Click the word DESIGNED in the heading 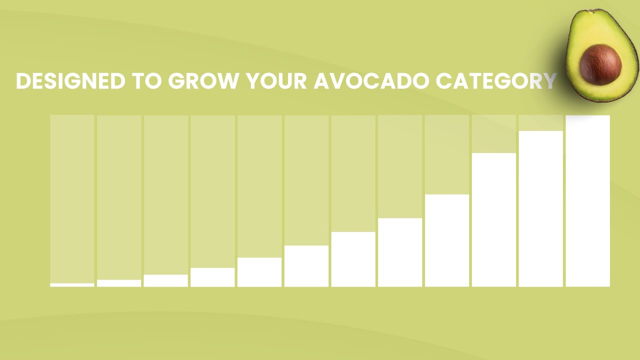[70, 81]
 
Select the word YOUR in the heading [276, 81]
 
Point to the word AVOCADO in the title [371, 81]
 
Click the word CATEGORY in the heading [496, 81]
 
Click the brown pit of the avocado [600, 65]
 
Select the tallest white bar [587, 201]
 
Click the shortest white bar [72, 285]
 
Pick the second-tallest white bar [541, 209]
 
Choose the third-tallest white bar [494, 219]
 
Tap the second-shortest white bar [119, 283]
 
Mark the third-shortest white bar [165, 280]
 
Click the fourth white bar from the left [212, 277]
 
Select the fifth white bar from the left [259, 272]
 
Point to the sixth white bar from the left [306, 266]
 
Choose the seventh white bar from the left [353, 259]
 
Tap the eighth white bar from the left [400, 252]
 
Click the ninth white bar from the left [447, 240]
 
